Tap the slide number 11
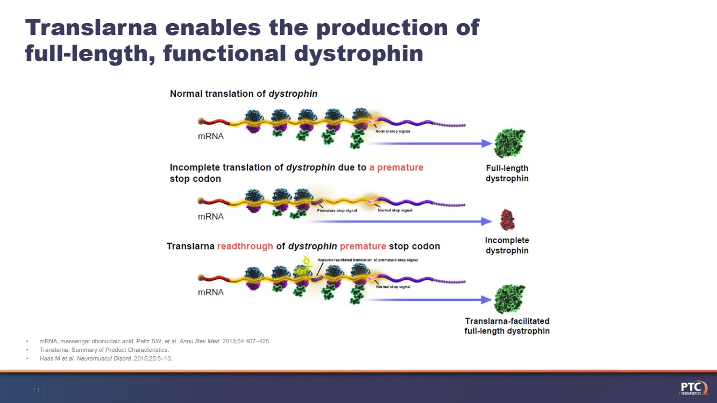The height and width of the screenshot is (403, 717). pos(36,390)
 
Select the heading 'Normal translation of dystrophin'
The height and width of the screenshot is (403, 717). pos(244,94)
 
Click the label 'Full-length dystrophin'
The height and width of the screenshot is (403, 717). pos(507,173)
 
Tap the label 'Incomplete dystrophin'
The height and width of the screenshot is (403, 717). pos(507,245)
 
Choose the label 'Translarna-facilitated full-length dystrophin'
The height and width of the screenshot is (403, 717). pos(507,326)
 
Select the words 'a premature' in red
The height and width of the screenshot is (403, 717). pos(396,167)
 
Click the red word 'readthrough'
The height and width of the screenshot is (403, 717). pos(245,246)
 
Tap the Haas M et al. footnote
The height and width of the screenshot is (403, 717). pos(105,359)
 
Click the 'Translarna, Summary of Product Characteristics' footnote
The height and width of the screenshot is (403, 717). pos(104,350)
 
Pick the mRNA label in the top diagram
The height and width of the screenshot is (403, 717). pos(211,137)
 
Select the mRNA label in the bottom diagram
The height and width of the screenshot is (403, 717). pos(211,293)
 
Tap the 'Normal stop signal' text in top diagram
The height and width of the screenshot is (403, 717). pos(393,131)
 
